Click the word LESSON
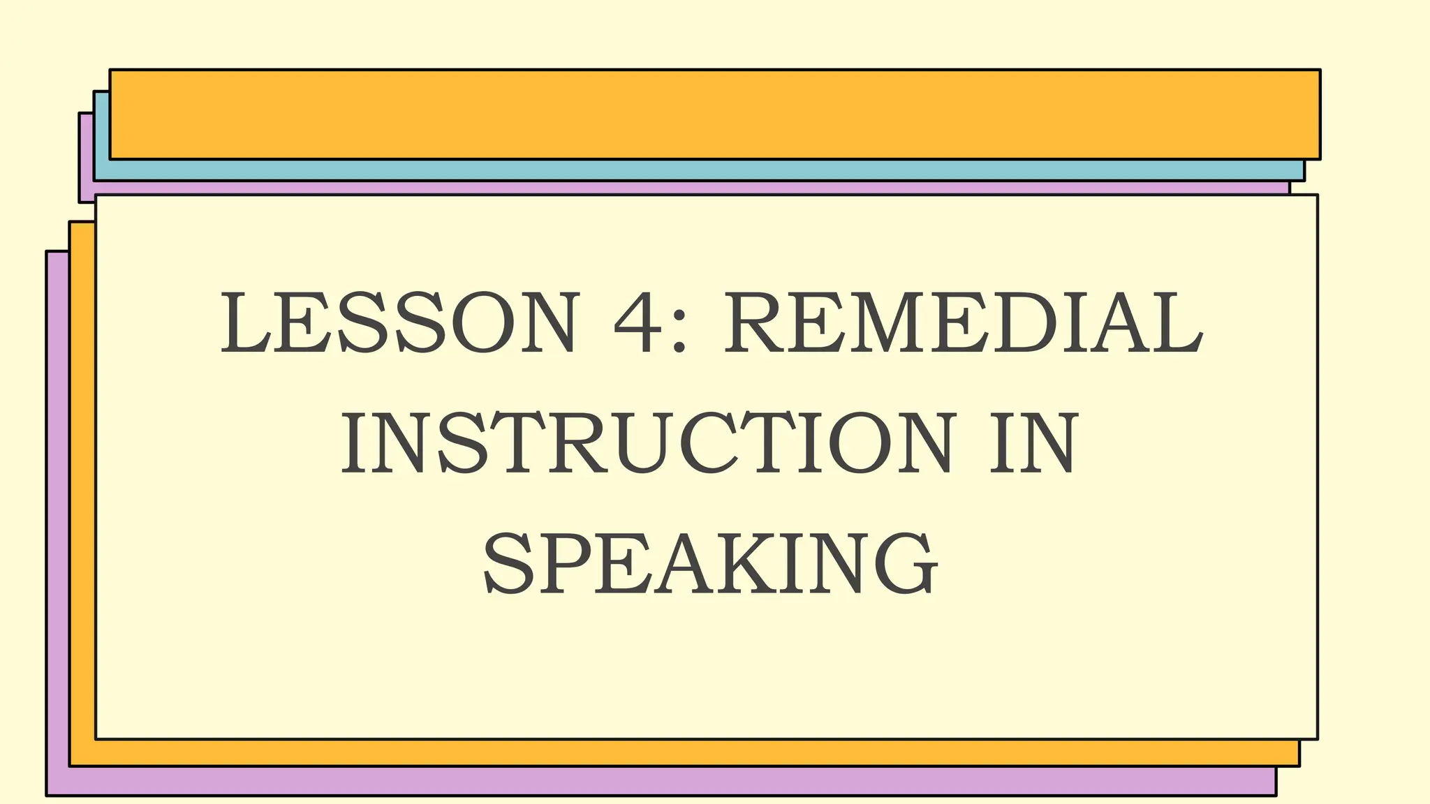pyautogui.click(x=399, y=323)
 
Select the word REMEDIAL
pyautogui.click(x=964, y=323)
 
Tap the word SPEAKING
pyautogui.click(x=711, y=563)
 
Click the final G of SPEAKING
pyautogui.click(x=905, y=563)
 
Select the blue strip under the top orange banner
pyautogui.click(x=698, y=170)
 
